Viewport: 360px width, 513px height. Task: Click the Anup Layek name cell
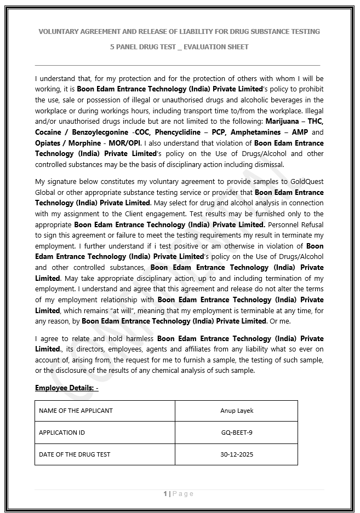pyautogui.click(x=236, y=411)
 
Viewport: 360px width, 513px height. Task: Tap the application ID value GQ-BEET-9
pyautogui.click(x=236, y=433)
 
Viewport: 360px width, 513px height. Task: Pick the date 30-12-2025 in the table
pyautogui.click(x=236, y=454)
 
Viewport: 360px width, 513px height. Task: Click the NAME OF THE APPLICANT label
pyautogui.click(x=76, y=411)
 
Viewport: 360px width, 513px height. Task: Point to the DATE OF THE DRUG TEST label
pyautogui.click(x=75, y=454)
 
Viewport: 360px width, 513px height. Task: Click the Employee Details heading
pyautogui.click(x=66, y=388)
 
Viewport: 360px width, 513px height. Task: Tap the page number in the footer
pyautogui.click(x=165, y=494)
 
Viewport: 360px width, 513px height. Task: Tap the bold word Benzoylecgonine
pyautogui.click(x=100, y=132)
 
